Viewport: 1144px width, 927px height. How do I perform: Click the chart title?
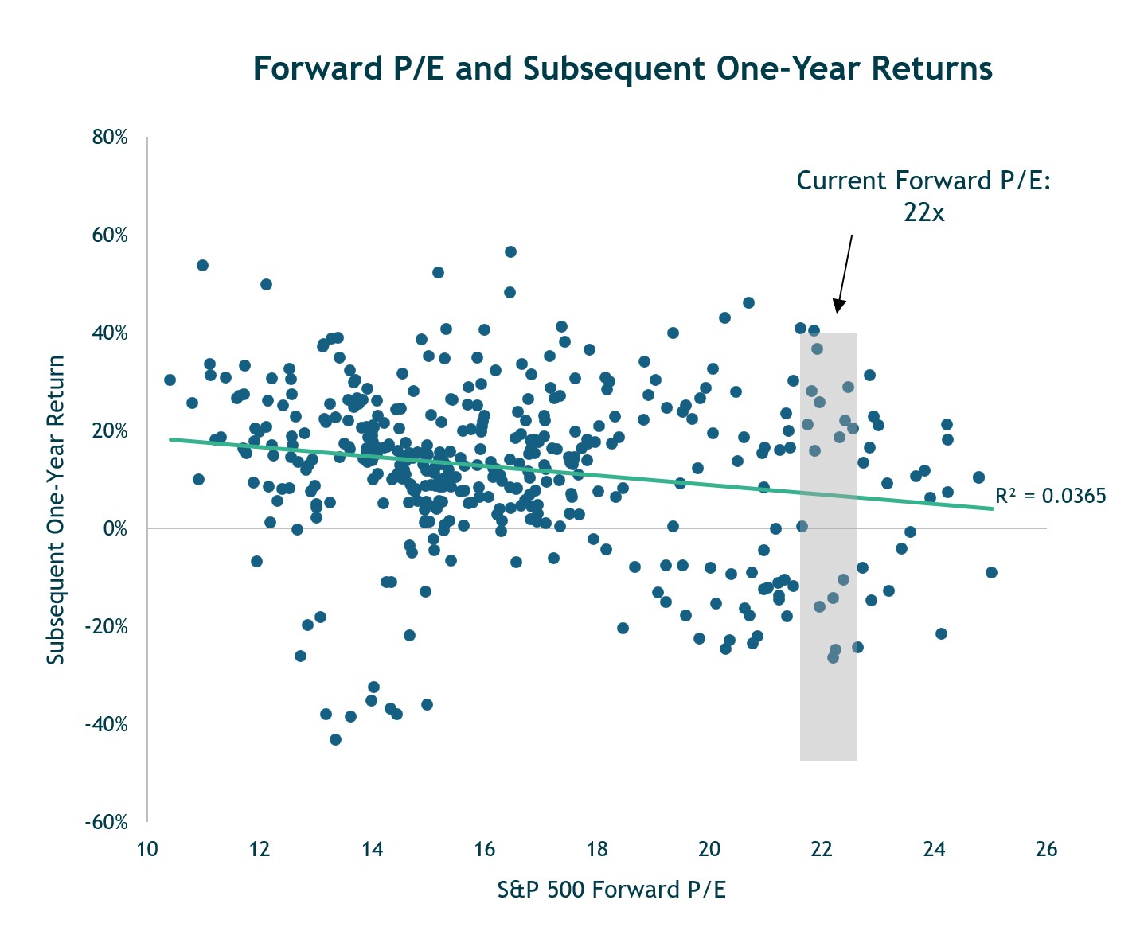pyautogui.click(x=622, y=69)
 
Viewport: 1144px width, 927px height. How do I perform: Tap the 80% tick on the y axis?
pyautogui.click(x=110, y=138)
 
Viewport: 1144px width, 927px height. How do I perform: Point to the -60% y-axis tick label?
pyautogui.click(x=107, y=822)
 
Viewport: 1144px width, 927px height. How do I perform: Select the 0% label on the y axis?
pyautogui.click(x=115, y=528)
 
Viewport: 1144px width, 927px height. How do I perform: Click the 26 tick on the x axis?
pyautogui.click(x=1046, y=849)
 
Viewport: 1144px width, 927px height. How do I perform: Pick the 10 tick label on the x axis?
pyautogui.click(x=147, y=849)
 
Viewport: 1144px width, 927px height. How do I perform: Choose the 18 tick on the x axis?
pyautogui.click(x=597, y=849)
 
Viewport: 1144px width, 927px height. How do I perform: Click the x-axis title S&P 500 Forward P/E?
pyautogui.click(x=611, y=890)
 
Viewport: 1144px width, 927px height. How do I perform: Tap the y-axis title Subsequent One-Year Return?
pyautogui.click(x=55, y=510)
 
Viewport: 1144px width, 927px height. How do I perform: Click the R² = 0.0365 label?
pyautogui.click(x=1050, y=496)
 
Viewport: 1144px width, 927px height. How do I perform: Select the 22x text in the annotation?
pyautogui.click(x=923, y=212)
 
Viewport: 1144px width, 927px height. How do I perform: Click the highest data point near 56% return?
pyautogui.click(x=511, y=252)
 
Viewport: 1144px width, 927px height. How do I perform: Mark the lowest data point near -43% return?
pyautogui.click(x=335, y=739)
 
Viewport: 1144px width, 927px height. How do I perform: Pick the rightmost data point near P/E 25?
pyautogui.click(x=991, y=572)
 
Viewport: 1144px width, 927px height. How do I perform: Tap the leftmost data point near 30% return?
pyautogui.click(x=170, y=380)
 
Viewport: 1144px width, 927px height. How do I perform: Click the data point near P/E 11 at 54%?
pyautogui.click(x=202, y=265)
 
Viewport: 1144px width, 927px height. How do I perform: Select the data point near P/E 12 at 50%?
pyautogui.click(x=266, y=284)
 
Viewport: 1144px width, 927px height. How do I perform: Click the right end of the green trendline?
pyautogui.click(x=992, y=508)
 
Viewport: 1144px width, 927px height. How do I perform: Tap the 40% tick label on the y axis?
pyautogui.click(x=110, y=333)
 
